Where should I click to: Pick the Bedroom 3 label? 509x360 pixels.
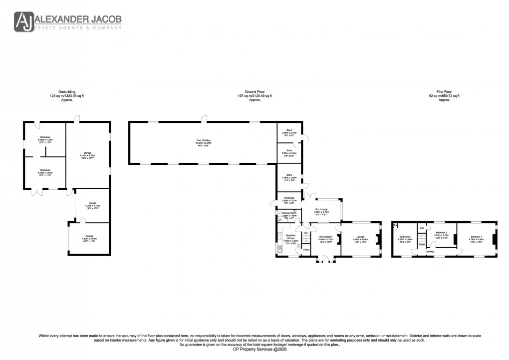[442, 233]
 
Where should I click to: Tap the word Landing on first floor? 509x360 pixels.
[429, 251]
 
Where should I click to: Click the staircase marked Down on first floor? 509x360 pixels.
[422, 238]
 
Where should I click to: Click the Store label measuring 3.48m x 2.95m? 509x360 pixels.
[289, 176]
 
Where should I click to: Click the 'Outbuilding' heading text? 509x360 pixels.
[67, 92]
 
